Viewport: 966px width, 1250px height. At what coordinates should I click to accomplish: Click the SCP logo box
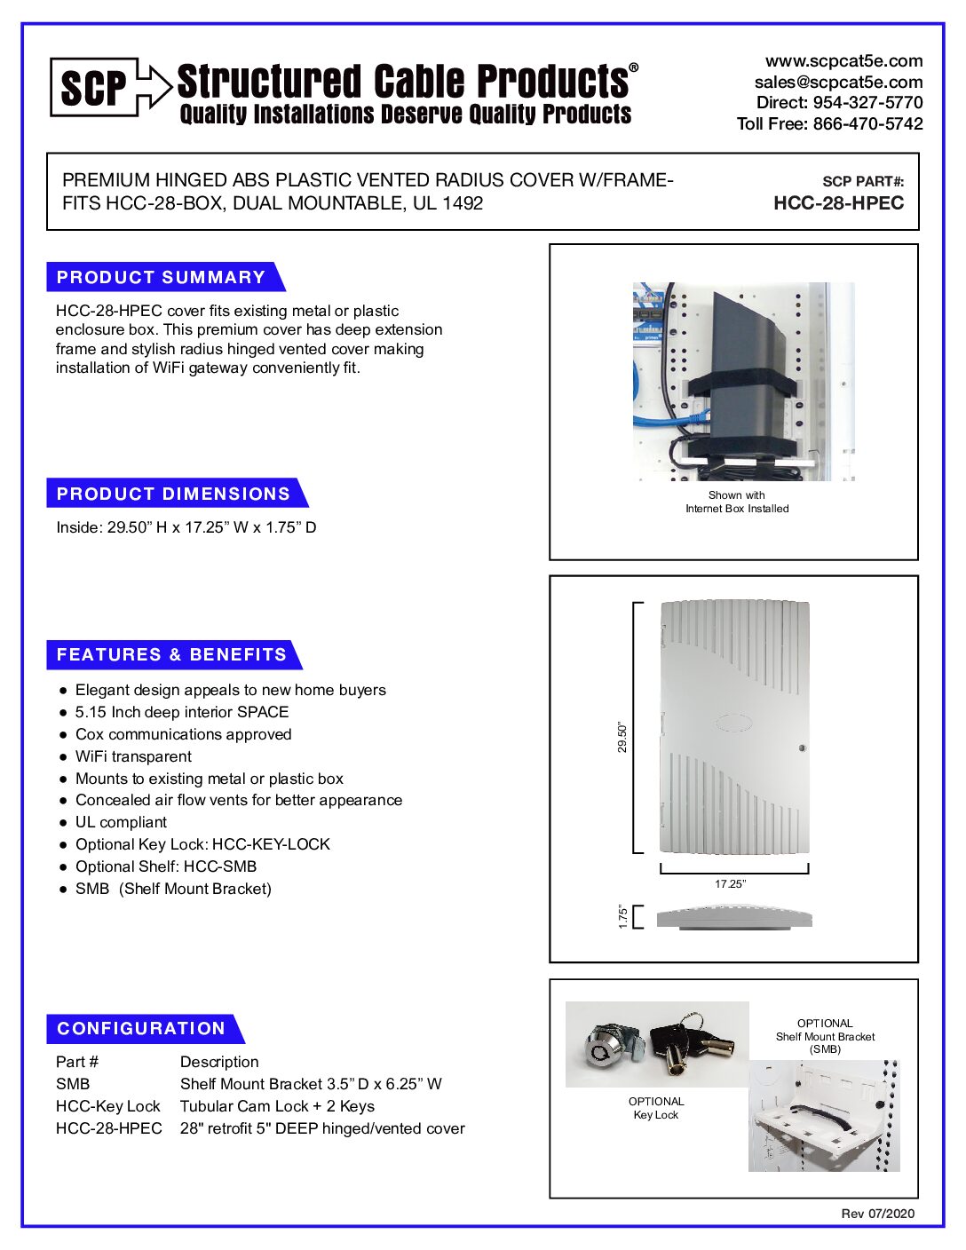click(x=94, y=87)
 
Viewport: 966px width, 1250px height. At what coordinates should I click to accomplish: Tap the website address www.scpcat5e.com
click(x=843, y=61)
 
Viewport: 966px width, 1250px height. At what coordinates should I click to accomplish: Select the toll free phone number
click(x=829, y=124)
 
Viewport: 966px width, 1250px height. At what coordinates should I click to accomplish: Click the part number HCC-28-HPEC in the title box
click(x=838, y=203)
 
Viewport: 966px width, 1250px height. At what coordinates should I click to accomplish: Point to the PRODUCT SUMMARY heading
click(x=161, y=277)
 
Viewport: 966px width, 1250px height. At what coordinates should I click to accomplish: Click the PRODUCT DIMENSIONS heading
click(x=173, y=494)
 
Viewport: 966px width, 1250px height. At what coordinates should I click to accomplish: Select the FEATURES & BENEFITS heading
click(x=171, y=655)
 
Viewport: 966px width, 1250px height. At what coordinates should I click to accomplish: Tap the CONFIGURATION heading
click(x=141, y=1029)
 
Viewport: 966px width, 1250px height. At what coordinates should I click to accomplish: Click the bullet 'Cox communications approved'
click(x=183, y=734)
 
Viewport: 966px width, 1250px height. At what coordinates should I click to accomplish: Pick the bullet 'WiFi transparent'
click(x=133, y=756)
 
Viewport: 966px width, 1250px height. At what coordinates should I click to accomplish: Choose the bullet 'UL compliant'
click(x=121, y=822)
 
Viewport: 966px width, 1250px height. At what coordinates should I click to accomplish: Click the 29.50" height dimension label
click(x=622, y=737)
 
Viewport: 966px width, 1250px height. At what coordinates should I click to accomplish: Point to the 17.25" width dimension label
click(x=730, y=884)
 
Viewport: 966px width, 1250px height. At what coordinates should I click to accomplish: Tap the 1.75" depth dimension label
click(x=623, y=917)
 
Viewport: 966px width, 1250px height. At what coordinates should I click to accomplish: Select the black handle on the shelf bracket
click(x=821, y=1116)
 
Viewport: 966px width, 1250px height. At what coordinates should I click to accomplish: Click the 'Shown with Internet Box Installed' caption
click(x=737, y=502)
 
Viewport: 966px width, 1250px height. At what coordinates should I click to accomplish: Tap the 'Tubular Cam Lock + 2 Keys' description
click(x=277, y=1106)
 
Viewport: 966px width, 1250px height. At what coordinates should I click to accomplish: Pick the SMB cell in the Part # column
click(x=73, y=1084)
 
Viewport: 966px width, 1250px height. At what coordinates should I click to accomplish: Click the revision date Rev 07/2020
click(x=877, y=1214)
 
